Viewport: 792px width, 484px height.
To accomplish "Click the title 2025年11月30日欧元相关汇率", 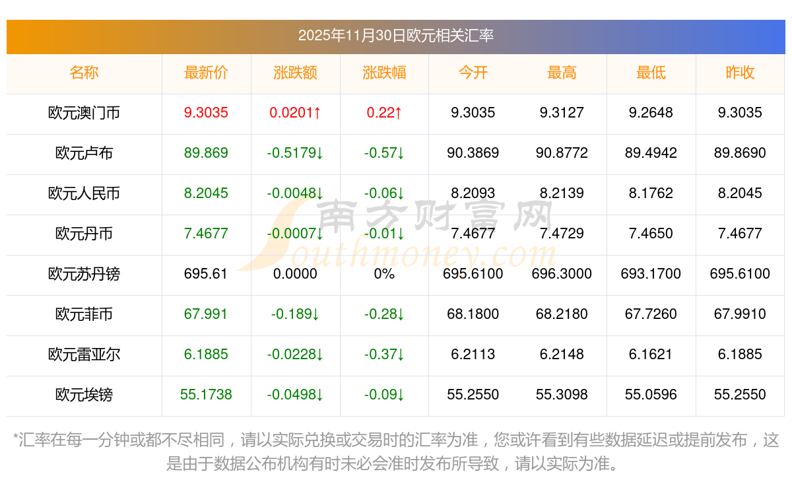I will (396, 35).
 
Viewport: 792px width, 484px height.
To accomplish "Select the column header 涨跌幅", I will (384, 73).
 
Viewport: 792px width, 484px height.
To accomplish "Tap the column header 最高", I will (562, 73).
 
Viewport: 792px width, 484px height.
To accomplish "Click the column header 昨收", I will (740, 73).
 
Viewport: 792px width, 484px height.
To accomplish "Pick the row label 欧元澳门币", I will (84, 113).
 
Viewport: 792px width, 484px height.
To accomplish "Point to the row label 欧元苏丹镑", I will (84, 274).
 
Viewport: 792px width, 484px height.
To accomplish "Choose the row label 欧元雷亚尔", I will (84, 355).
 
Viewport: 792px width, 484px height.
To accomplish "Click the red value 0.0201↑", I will (295, 113).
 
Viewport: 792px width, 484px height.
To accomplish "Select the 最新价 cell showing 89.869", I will (206, 153).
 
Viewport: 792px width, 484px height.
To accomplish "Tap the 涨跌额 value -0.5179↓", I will (295, 153).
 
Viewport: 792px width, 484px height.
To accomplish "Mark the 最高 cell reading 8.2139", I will (562, 193).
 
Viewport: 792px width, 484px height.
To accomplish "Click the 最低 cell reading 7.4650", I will (651, 234).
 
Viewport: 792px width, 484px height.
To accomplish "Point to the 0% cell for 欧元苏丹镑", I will (384, 274).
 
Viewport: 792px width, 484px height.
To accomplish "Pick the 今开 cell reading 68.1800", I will (473, 314).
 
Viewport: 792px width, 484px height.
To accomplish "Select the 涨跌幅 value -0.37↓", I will (384, 355).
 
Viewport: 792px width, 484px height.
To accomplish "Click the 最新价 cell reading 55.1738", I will (206, 395).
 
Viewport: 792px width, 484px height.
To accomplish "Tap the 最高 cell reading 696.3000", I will (562, 274).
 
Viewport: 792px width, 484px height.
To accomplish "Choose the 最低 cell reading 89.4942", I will (651, 153).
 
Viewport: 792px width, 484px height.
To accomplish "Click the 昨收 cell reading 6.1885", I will (740, 355).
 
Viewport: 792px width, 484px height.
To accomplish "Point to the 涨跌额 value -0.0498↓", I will (295, 395).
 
